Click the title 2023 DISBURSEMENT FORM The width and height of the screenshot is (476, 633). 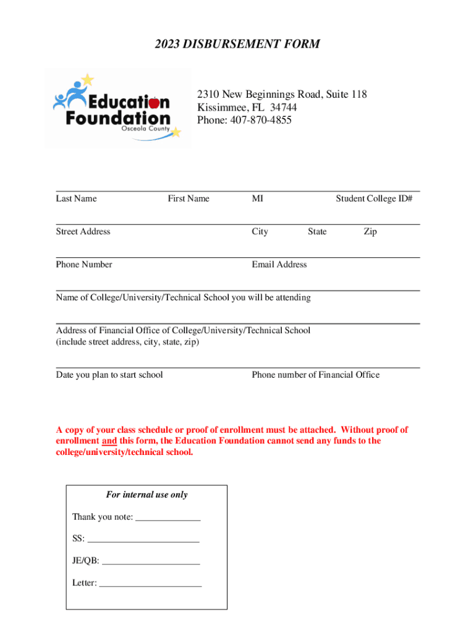[x=237, y=44]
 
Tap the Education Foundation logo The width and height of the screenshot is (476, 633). [x=118, y=109]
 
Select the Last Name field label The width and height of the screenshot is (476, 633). [x=76, y=198]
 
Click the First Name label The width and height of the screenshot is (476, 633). [x=189, y=198]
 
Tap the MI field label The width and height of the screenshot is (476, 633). [x=257, y=198]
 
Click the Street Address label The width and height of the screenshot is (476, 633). [x=83, y=232]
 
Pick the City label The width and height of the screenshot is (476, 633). [x=260, y=232]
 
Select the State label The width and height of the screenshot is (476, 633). [x=317, y=232]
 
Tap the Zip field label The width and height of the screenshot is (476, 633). [x=370, y=232]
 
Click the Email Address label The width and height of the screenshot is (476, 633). [x=279, y=265]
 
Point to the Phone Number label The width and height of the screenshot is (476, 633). [x=84, y=265]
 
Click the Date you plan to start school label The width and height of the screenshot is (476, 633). [x=109, y=375]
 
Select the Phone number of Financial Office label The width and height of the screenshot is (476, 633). [x=315, y=375]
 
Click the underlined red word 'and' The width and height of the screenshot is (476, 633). [x=109, y=441]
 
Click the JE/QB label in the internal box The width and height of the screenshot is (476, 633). [x=85, y=561]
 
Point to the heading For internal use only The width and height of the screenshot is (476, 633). [x=147, y=495]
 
